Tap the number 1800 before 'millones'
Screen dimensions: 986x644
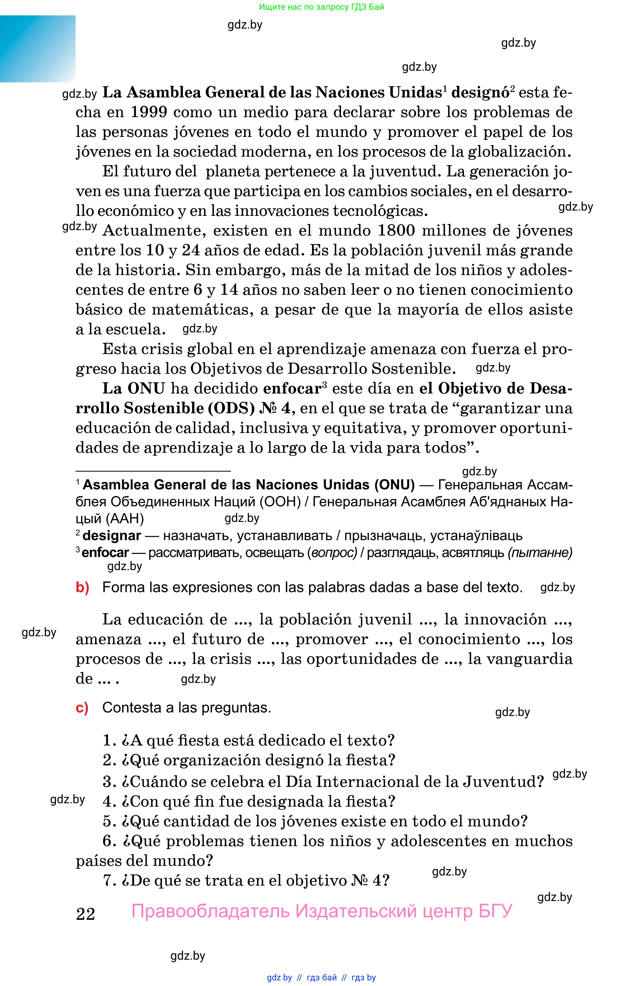pyautogui.click(x=396, y=231)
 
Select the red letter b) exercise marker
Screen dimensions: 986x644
pyautogui.click(x=82, y=587)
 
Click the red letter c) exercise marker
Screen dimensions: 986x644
pyautogui.click(x=82, y=708)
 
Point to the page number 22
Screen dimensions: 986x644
pyautogui.click(x=86, y=913)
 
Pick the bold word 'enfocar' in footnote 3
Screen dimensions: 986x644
pyautogui.click(x=105, y=553)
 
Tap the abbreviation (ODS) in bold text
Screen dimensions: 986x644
pyautogui.click(x=231, y=408)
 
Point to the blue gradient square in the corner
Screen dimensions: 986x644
pyautogui.click(x=38, y=49)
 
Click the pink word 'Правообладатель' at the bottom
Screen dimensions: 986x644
pyautogui.click(x=211, y=912)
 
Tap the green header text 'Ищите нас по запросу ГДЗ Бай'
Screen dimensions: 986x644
pyautogui.click(x=321, y=7)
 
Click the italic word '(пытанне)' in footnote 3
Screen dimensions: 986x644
pyautogui.click(x=540, y=553)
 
